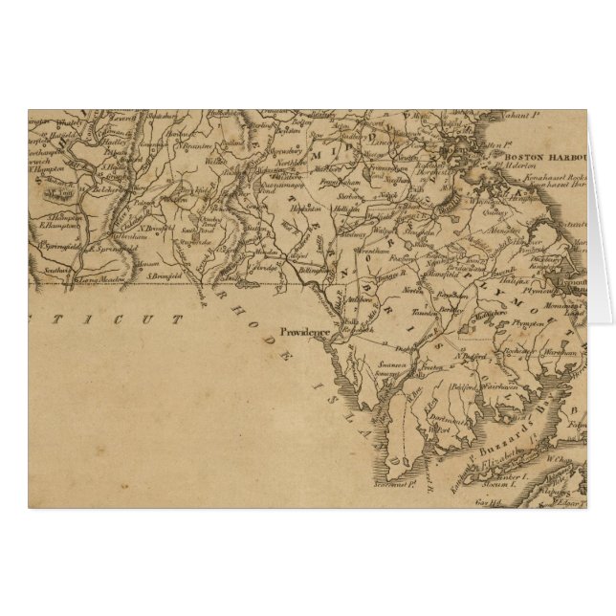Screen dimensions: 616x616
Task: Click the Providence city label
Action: tap(304, 333)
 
